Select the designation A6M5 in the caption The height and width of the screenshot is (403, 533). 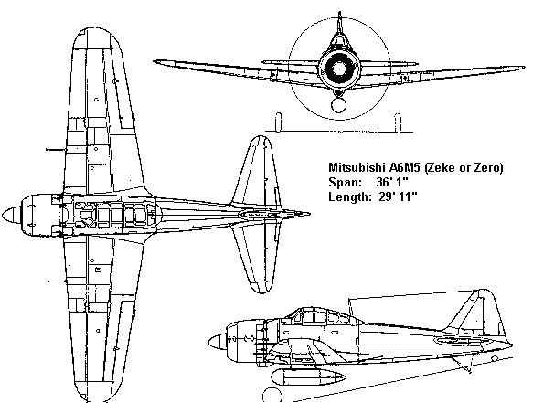click(x=404, y=167)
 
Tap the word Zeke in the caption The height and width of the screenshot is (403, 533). click(x=441, y=168)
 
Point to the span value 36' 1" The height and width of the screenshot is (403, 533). click(x=392, y=182)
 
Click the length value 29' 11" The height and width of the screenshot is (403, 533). click(x=398, y=196)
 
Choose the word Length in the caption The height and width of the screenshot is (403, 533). click(x=350, y=197)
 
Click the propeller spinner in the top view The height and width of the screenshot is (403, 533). click(x=12, y=216)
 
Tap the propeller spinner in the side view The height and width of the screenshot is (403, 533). click(x=218, y=342)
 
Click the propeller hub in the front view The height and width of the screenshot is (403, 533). click(x=338, y=69)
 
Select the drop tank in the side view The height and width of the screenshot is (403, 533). click(x=308, y=376)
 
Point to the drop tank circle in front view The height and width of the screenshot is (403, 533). click(x=338, y=105)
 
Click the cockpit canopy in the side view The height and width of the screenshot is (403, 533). click(x=321, y=315)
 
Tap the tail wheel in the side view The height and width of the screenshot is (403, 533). click(x=496, y=358)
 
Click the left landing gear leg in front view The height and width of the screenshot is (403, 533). click(x=279, y=122)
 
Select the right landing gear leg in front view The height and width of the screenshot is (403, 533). click(x=398, y=122)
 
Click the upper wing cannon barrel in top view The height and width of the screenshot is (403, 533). click(x=55, y=149)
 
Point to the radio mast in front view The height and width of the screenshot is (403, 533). click(x=339, y=23)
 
